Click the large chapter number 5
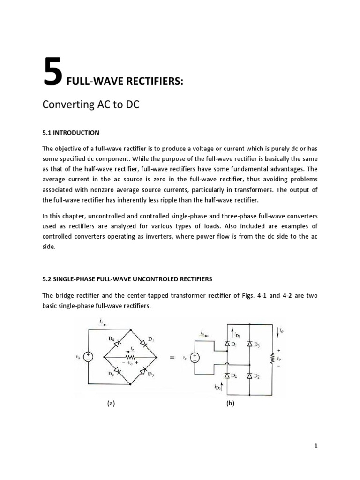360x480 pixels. coord(52,72)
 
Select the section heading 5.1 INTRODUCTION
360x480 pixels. coord(71,133)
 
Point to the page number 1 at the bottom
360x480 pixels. coord(316,446)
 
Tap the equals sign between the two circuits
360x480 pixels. coord(172,358)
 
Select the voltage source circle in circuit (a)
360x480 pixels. coord(91,358)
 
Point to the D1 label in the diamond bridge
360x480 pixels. coord(150,338)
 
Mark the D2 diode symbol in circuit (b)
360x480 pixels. coord(250,375)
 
